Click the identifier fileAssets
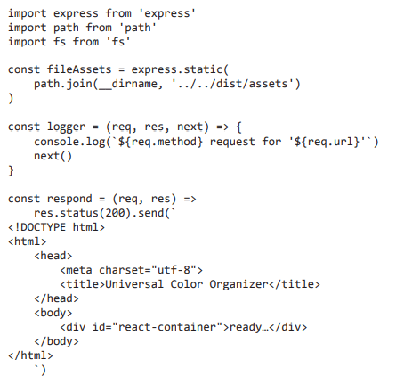(79, 69)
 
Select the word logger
(67, 127)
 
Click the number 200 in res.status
(115, 213)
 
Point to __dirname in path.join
(128, 84)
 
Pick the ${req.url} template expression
(327, 142)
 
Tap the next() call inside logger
(53, 156)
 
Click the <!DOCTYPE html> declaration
(56, 227)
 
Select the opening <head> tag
(53, 256)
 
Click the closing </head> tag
(56, 298)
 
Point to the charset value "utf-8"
(174, 270)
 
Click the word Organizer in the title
(238, 284)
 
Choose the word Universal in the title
(134, 284)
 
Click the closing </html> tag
(30, 355)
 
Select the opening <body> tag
(53, 313)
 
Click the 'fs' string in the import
(118, 42)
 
